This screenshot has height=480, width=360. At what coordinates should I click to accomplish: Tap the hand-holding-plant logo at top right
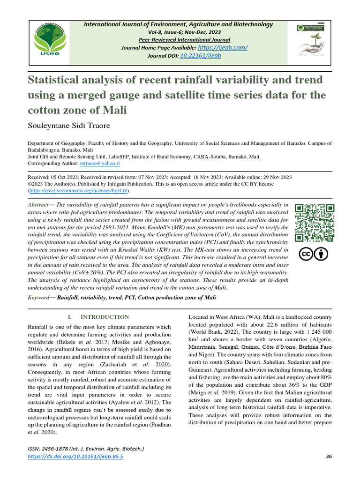312,43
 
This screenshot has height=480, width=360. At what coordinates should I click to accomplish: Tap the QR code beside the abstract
314,222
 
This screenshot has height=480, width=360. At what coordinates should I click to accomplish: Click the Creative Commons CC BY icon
314,254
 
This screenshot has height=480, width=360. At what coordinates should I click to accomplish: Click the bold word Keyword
39,298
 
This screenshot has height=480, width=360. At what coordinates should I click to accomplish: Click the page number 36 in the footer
328,457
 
